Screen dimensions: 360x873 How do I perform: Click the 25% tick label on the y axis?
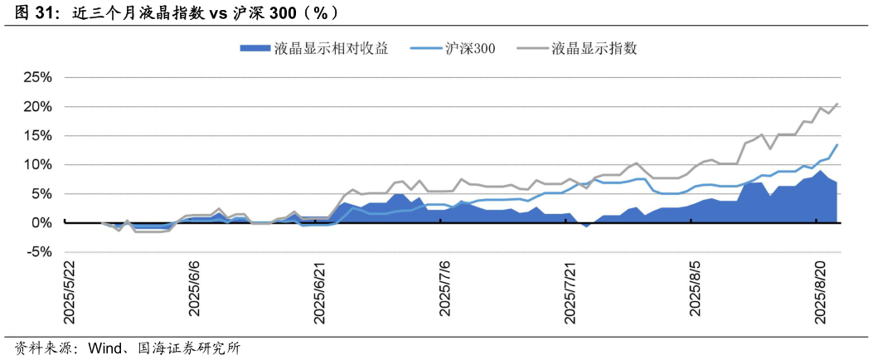[37, 77]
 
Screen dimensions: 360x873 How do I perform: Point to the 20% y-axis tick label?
[37, 106]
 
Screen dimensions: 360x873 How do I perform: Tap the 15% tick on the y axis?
[37, 135]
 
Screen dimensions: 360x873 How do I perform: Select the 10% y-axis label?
[37, 164]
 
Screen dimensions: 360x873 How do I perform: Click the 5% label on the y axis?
[41, 193]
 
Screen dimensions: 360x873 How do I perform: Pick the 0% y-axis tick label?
[41, 222]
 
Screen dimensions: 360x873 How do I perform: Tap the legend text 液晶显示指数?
[594, 47]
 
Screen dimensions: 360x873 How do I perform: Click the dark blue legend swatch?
[254, 47]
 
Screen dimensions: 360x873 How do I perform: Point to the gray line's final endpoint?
[837, 104]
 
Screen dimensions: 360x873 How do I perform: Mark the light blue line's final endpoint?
[837, 144]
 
